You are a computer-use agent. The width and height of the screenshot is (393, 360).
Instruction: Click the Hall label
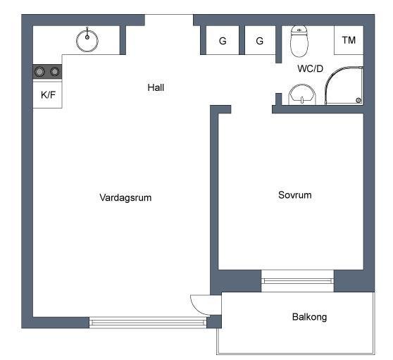(156, 87)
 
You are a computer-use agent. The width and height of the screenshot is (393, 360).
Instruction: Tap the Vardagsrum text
(125, 197)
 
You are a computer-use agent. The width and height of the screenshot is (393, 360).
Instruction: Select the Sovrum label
(294, 194)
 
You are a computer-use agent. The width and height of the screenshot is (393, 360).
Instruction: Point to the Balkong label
(309, 317)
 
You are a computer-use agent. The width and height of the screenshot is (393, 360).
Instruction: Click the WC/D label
(311, 68)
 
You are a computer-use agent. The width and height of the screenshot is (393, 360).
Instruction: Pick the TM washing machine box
(349, 40)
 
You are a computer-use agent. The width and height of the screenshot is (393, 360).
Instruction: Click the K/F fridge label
(48, 95)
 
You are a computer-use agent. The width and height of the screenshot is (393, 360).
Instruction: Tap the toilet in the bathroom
(299, 41)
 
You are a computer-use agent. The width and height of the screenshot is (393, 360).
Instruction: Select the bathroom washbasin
(302, 95)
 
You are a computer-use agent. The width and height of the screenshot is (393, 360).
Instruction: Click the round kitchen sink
(87, 41)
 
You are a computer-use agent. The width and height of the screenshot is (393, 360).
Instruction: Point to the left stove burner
(39, 72)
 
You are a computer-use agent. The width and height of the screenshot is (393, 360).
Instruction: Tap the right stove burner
(55, 72)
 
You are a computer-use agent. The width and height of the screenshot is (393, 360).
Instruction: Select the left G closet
(223, 40)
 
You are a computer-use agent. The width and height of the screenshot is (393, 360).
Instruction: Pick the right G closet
(260, 40)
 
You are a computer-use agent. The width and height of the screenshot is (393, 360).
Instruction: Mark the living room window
(148, 322)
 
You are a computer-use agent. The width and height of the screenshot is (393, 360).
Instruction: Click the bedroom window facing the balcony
(297, 281)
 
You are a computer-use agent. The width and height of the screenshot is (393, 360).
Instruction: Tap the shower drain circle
(358, 101)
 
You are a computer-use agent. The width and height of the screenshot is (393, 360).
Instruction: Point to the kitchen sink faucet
(87, 33)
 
